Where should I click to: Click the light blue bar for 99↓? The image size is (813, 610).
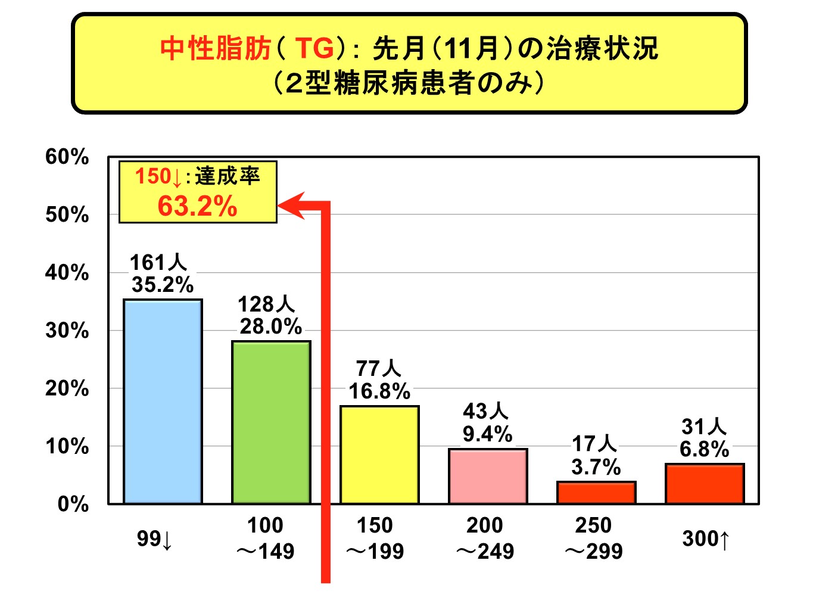click(x=163, y=402)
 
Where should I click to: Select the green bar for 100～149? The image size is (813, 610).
click(x=271, y=422)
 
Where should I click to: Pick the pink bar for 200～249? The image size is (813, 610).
click(x=488, y=476)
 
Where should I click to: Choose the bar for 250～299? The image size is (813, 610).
click(x=596, y=493)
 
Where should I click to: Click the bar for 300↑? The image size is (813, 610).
click(x=705, y=484)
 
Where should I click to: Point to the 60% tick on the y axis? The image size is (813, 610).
click(x=67, y=157)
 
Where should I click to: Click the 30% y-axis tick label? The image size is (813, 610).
click(x=67, y=331)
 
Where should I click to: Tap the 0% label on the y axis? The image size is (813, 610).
click(x=73, y=504)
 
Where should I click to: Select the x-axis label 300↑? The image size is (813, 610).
click(x=706, y=539)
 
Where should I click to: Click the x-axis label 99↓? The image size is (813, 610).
click(x=154, y=539)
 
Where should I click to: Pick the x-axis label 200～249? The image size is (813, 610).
click(x=485, y=538)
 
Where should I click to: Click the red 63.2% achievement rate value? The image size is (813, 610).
click(x=197, y=206)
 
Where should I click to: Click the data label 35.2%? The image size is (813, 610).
click(x=163, y=285)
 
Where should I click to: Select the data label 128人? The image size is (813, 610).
click(x=266, y=304)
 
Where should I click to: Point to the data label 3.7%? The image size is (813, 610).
click(x=596, y=467)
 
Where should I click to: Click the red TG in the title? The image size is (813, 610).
click(x=314, y=48)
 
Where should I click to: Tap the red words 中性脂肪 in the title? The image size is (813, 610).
click(x=216, y=48)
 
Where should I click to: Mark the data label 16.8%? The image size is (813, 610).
click(x=379, y=391)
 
